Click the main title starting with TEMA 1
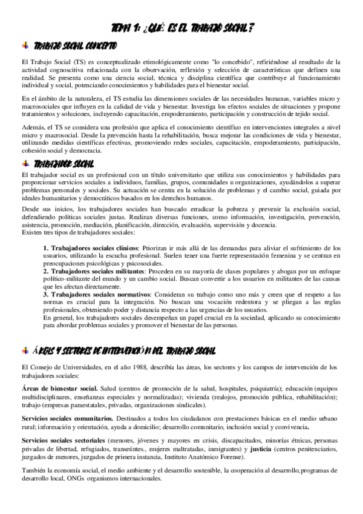[x=181, y=28]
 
